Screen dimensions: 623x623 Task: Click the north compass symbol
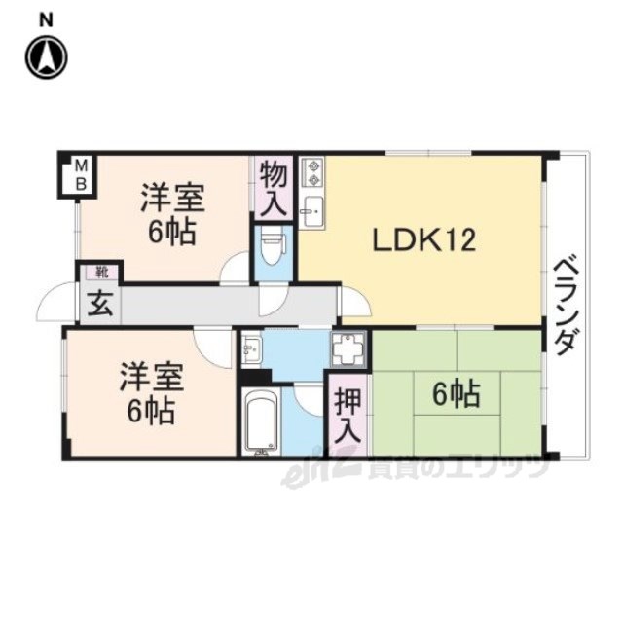pos(46,57)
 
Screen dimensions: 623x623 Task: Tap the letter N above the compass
pos(47,20)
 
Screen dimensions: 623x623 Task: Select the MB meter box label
pos(81,174)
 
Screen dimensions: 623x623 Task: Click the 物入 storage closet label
pos(274,188)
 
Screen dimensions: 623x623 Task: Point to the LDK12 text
pos(424,240)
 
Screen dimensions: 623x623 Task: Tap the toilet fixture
pos(273,248)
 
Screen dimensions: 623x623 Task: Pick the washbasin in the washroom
pos(251,348)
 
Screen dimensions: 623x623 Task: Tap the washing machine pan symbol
pos(348,348)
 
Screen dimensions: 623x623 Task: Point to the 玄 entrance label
pos(100,304)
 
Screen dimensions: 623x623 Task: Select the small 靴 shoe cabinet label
pos(101,273)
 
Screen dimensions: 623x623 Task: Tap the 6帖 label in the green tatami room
pos(457,393)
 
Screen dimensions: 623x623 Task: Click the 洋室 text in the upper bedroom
pos(172,197)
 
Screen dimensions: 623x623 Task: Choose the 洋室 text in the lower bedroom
pos(152,377)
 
